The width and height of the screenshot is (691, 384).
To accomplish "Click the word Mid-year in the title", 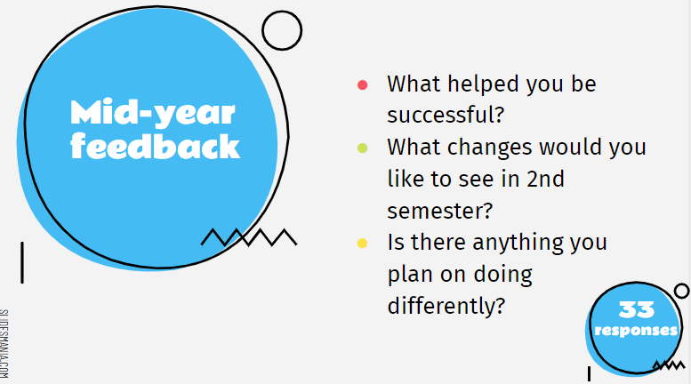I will (x=153, y=113).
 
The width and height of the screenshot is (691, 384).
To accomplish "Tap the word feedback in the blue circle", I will (x=156, y=146).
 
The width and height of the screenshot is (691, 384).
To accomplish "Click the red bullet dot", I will (x=362, y=85).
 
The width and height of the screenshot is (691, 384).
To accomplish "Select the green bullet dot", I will (x=362, y=148).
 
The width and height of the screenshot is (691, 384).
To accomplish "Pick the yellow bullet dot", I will (x=362, y=242).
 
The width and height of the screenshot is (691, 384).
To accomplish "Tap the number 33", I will (x=637, y=310).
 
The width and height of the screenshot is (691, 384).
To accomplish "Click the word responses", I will (x=636, y=331).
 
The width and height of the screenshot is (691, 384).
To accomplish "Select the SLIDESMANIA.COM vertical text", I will (x=5, y=342).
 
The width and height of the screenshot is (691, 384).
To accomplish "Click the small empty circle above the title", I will (x=283, y=30).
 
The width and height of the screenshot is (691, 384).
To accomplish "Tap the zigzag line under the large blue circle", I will (x=248, y=237).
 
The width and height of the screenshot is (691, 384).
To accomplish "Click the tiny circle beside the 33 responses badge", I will (x=681, y=291).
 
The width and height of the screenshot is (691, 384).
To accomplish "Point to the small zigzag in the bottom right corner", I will (x=669, y=364).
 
